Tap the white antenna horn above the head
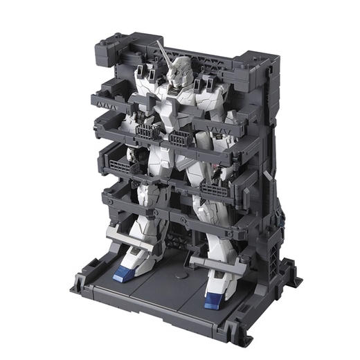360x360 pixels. point(163,50)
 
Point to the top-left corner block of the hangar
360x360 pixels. point(111,44)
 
